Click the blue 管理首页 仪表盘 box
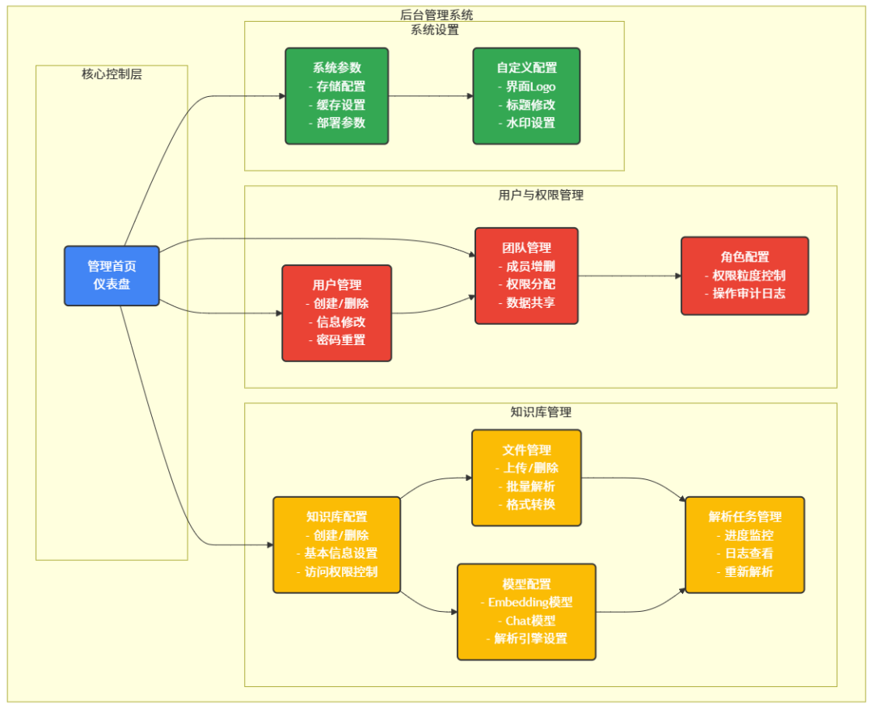click(x=112, y=276)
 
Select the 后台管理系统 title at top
click(x=436, y=15)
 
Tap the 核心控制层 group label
click(x=112, y=74)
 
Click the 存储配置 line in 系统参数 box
click(x=336, y=86)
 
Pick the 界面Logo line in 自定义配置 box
click(x=526, y=86)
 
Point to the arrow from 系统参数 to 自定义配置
click(x=430, y=96)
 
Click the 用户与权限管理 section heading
click(x=540, y=195)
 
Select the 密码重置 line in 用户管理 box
click(x=336, y=339)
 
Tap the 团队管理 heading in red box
click(x=526, y=247)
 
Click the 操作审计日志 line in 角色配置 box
click(x=744, y=293)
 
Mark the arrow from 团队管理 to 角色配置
click(x=630, y=276)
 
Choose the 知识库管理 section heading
click(x=540, y=411)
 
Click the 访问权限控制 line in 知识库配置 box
click(x=336, y=571)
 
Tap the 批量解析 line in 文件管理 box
click(x=526, y=486)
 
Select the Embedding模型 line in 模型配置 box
click(x=526, y=602)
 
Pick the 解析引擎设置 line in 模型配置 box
click(x=526, y=638)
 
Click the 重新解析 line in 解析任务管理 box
click(x=744, y=571)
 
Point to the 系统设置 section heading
click(x=434, y=30)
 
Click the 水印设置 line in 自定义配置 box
click(x=526, y=123)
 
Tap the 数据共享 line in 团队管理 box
click(x=526, y=302)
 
